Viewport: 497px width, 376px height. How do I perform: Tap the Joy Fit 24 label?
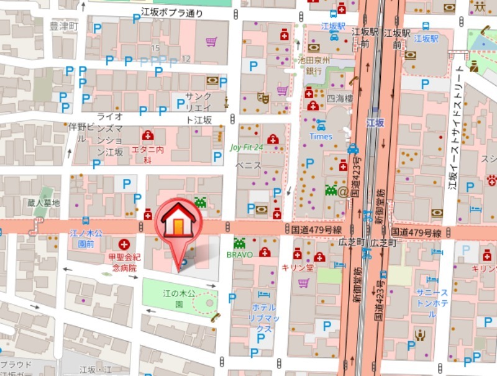click(247, 147)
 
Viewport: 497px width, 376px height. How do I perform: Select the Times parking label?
click(321, 136)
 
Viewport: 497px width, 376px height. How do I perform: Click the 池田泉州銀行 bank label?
click(314, 65)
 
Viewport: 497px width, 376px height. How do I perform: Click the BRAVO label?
click(239, 255)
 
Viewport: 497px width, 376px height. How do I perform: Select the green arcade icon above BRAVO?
click(239, 243)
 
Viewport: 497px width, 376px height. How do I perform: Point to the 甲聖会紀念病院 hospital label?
click(124, 262)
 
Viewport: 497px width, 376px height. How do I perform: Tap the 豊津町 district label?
click(64, 27)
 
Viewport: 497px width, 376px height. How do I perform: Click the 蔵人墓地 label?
click(43, 203)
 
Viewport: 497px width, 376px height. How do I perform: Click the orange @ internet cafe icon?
click(342, 191)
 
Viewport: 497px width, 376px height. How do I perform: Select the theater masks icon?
click(263, 97)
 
